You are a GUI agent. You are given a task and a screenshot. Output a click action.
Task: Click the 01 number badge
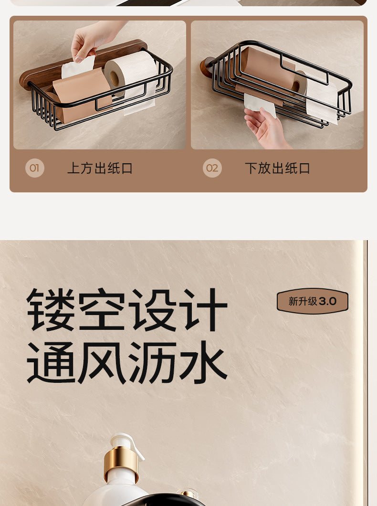tap(35, 168)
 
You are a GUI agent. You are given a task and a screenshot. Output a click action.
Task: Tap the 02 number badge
tap(212, 168)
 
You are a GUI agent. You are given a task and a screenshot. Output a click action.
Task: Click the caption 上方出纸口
tap(100, 168)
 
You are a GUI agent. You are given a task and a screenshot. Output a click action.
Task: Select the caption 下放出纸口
tap(277, 168)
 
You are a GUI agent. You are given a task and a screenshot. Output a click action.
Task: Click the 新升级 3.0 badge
tap(313, 301)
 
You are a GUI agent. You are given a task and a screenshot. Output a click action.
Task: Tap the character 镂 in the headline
tap(51, 310)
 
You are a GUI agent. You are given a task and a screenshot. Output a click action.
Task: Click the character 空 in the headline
tap(102, 310)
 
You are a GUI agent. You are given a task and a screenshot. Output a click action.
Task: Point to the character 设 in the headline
tap(153, 310)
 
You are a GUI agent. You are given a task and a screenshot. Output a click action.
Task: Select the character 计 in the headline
tap(203, 310)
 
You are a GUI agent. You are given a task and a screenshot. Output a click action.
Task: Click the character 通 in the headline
tap(51, 362)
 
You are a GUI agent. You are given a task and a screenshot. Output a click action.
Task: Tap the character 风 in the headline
tap(102, 362)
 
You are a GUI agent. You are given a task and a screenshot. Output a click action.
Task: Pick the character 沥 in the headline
tap(153, 362)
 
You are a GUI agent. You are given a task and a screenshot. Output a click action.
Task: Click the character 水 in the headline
tap(203, 362)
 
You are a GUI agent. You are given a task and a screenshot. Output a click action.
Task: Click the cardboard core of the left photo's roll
tap(114, 78)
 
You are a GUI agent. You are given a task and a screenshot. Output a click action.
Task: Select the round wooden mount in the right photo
tap(207, 67)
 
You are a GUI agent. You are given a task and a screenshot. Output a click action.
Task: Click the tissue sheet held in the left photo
tap(78, 67)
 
